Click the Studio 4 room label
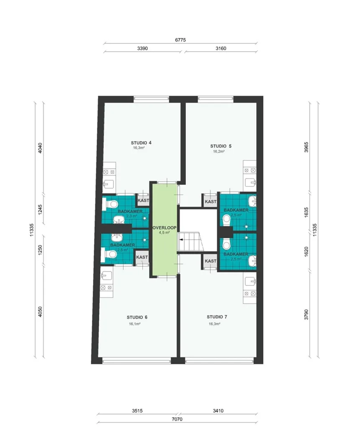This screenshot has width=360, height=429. (141, 143)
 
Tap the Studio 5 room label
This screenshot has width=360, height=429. (221, 146)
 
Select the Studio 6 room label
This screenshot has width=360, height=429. (137, 318)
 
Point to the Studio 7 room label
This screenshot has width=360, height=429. (217, 317)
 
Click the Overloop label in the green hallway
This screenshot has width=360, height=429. (164, 227)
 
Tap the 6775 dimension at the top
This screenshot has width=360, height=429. (180, 40)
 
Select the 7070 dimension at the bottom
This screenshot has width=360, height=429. (177, 419)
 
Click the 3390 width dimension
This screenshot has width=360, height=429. (142, 49)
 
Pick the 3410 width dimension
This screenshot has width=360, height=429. (218, 411)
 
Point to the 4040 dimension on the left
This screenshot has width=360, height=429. (40, 148)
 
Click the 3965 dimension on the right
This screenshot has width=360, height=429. (306, 147)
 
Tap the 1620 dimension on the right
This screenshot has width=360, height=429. (306, 251)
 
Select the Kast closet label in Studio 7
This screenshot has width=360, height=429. (211, 261)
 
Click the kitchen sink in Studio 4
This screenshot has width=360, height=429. (109, 183)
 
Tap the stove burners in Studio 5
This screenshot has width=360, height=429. (250, 171)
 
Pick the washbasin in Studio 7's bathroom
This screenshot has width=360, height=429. (252, 261)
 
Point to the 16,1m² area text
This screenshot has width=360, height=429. (135, 324)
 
